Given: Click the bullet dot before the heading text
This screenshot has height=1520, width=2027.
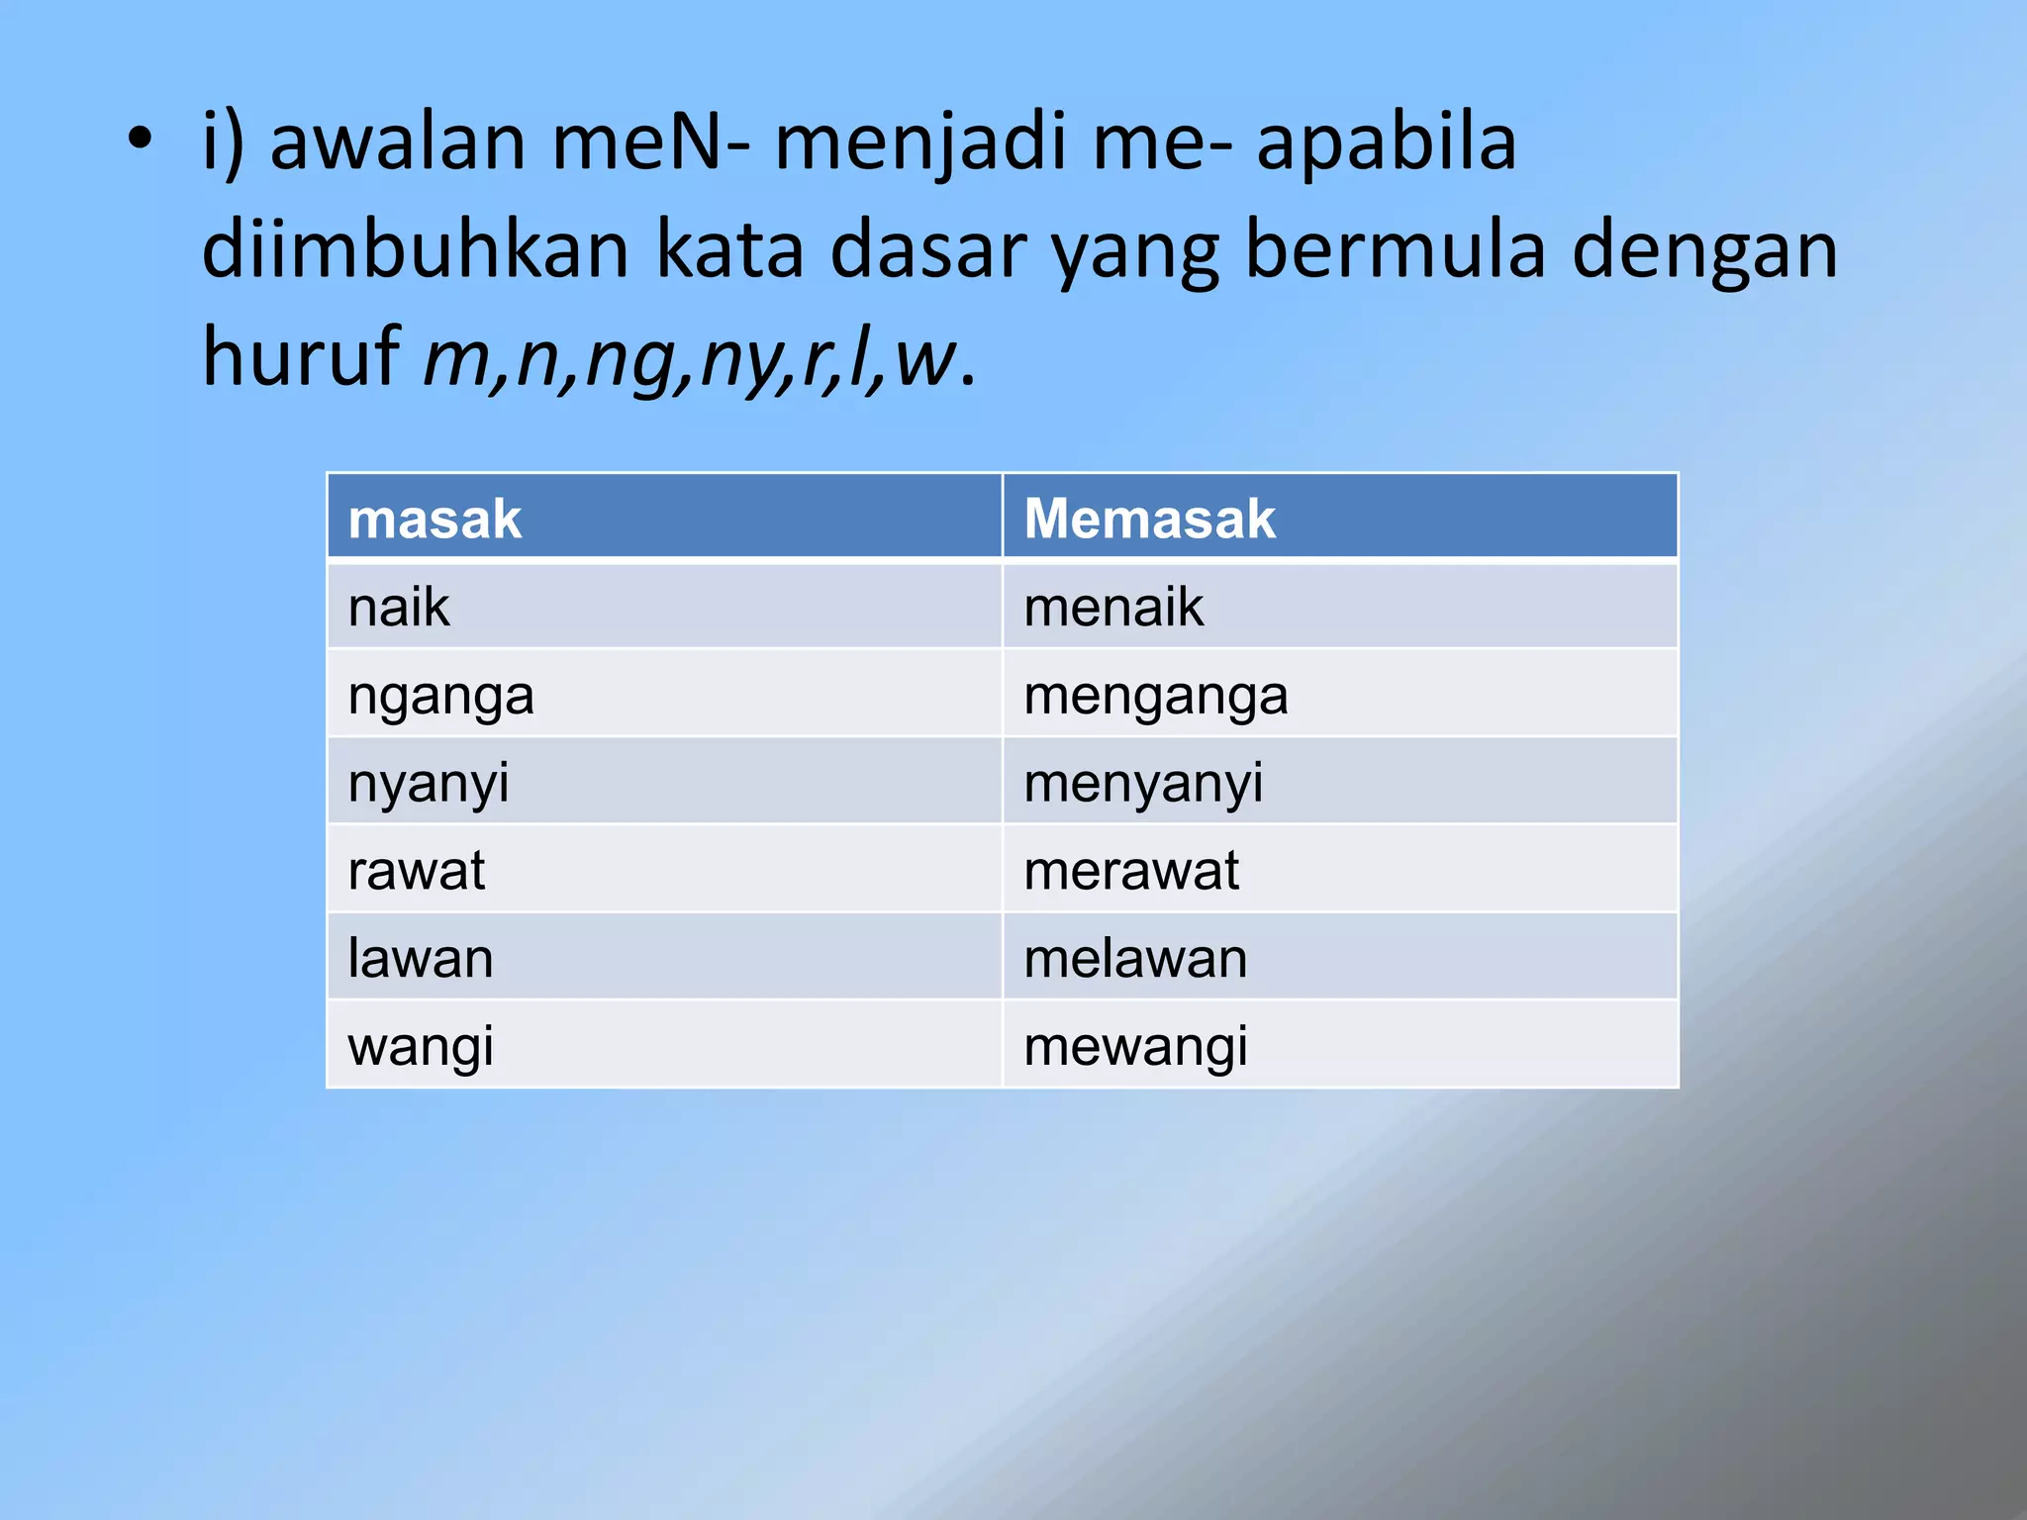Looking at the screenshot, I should pos(141,140).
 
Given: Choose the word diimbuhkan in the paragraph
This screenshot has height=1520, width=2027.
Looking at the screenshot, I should pos(416,250).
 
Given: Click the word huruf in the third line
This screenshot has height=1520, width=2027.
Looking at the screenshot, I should pos(301,356).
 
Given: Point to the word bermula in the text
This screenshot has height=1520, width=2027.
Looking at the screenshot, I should pos(1395,250).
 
